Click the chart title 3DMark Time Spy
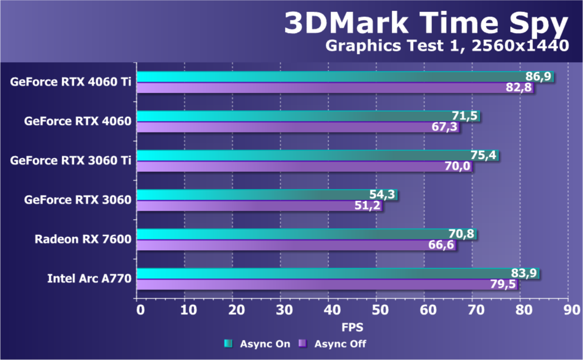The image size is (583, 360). pyautogui.click(x=426, y=23)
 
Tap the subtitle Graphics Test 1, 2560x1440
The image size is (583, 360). pyautogui.click(x=446, y=46)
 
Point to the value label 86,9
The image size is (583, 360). pyautogui.click(x=538, y=77)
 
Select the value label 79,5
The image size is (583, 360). pyautogui.click(x=503, y=284)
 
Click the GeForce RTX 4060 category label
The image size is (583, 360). pyautogui.click(x=78, y=121)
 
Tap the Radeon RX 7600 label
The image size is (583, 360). pyautogui.click(x=83, y=239)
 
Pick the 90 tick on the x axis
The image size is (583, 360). pyautogui.click(x=570, y=309)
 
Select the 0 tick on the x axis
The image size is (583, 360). pyautogui.click(x=139, y=309)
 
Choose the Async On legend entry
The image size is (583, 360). pyautogui.click(x=257, y=344)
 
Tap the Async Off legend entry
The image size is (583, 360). pyautogui.click(x=333, y=344)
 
